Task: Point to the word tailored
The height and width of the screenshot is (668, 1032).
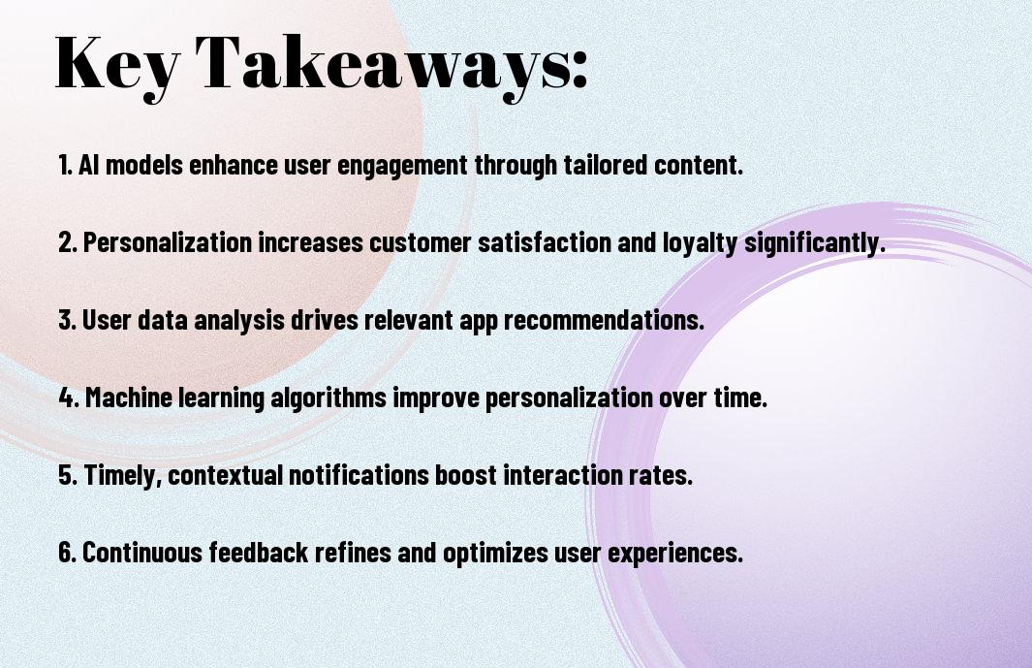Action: click(606, 165)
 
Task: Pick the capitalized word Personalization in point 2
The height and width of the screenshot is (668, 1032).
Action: click(168, 242)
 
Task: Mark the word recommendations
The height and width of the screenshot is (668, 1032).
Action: click(604, 320)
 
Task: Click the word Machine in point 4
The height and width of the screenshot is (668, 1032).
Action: click(128, 398)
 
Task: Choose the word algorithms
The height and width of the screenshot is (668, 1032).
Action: click(328, 398)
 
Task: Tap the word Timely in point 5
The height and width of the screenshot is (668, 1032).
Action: click(123, 476)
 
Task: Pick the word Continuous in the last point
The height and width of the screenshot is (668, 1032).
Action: click(142, 552)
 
